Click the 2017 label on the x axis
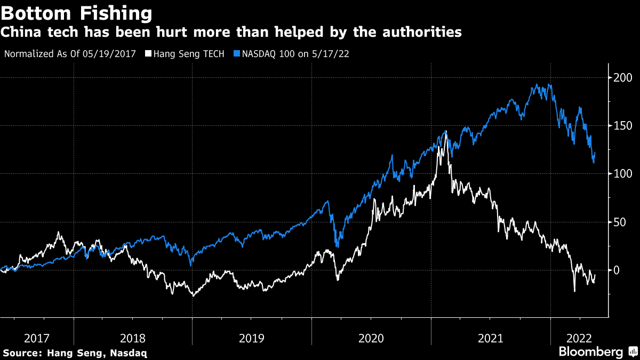pyautogui.click(x=37, y=338)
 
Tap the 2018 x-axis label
pyautogui.click(x=133, y=338)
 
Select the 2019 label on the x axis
pyautogui.click(x=252, y=338)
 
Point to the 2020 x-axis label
pyautogui.click(x=371, y=338)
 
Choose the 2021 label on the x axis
pyautogui.click(x=491, y=338)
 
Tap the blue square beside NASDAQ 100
pyautogui.click(x=237, y=54)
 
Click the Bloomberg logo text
pyautogui.click(x=590, y=351)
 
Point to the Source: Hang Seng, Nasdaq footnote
pyautogui.click(x=75, y=353)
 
